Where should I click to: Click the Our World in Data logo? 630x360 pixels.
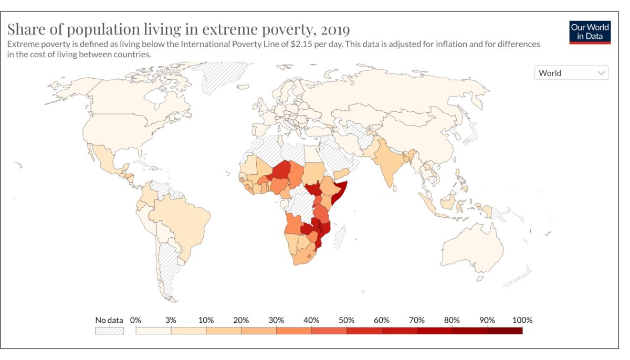(x=590, y=32)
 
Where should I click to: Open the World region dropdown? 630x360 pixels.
(x=571, y=73)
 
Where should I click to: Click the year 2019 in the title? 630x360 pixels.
(x=333, y=28)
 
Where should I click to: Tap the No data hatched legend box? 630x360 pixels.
(x=109, y=331)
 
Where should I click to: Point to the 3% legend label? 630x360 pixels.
(x=171, y=320)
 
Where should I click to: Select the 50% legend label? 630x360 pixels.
(x=346, y=320)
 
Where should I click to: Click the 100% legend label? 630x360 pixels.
(x=522, y=320)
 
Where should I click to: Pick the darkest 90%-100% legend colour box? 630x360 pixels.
(x=505, y=331)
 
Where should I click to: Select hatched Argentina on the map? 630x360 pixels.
(x=170, y=268)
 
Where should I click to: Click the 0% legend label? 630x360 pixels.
(x=135, y=320)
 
